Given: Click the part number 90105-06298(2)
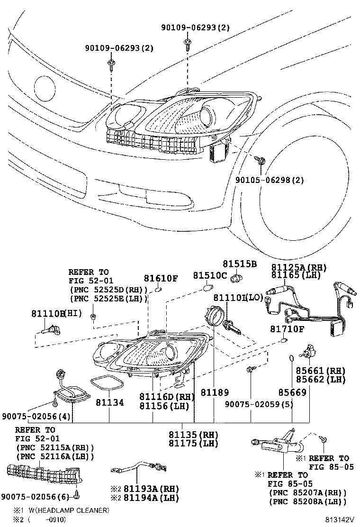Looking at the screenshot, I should (x=270, y=180).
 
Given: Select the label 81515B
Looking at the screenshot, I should (x=240, y=264).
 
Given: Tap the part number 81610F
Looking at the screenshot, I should (x=161, y=279).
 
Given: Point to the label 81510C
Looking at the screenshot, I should (x=210, y=276).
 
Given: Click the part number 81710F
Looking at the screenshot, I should (x=287, y=329).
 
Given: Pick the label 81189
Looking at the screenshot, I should (x=214, y=393).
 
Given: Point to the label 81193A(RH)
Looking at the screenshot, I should (x=144, y=489).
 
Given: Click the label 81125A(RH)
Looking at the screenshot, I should (x=299, y=267).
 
